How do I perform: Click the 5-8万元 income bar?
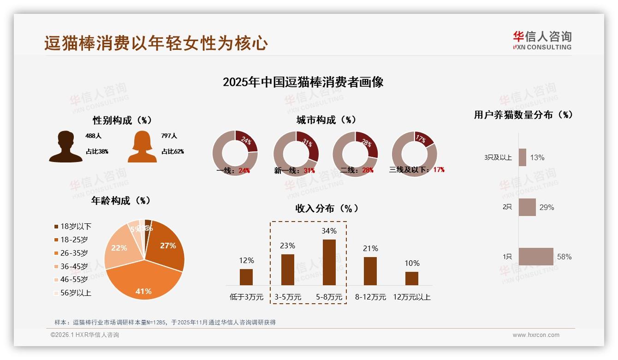point(329,262)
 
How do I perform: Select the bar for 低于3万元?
point(246,277)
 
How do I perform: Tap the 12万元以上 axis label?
point(411,297)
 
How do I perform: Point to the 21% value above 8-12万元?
point(370,249)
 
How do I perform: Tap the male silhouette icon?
point(66,147)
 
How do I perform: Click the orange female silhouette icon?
point(142,147)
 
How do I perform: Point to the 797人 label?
point(169,136)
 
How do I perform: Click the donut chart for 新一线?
point(296,153)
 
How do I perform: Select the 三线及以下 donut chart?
point(414,153)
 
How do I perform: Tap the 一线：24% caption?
point(233,170)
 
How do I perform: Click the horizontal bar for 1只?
point(536,257)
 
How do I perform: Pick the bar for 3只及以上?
point(523,157)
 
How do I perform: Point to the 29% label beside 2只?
point(547,208)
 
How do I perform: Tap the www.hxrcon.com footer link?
point(536,335)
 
